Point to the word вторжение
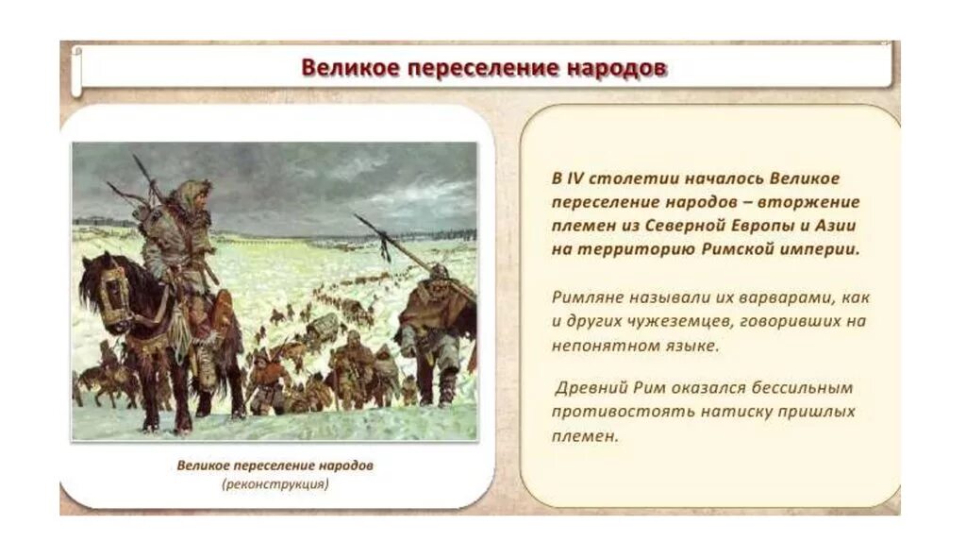(813, 202)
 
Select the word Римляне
(586, 297)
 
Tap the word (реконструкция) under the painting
(275, 484)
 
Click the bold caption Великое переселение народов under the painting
(275, 466)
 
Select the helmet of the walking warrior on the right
(439, 273)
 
